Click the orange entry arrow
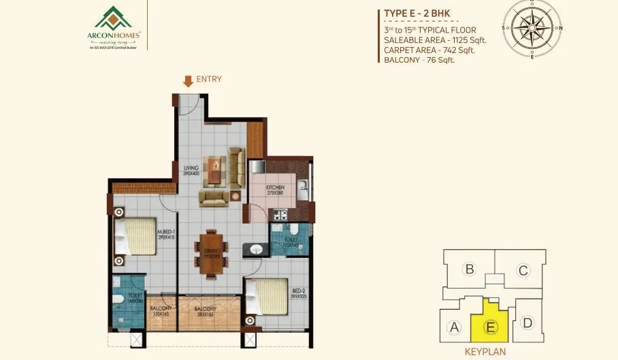tap(188, 82)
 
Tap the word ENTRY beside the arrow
tap(209, 80)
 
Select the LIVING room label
tap(191, 167)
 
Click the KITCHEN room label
tap(275, 188)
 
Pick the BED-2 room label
tap(280, 289)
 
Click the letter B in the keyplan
tap(469, 269)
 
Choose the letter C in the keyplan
tap(522, 271)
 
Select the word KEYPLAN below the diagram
tap(487, 353)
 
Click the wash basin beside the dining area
tap(255, 249)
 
